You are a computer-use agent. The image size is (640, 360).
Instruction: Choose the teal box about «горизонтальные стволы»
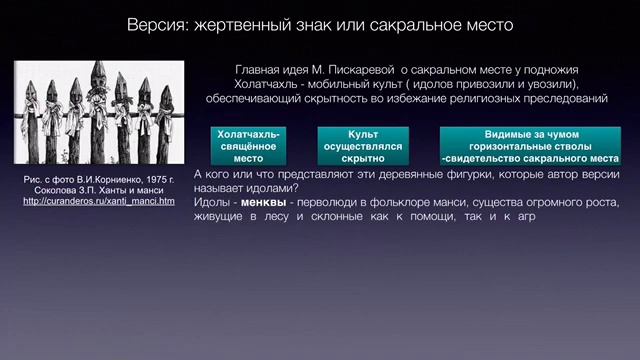pos(530,145)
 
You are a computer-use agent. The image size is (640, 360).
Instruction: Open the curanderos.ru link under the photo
pos(97,201)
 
